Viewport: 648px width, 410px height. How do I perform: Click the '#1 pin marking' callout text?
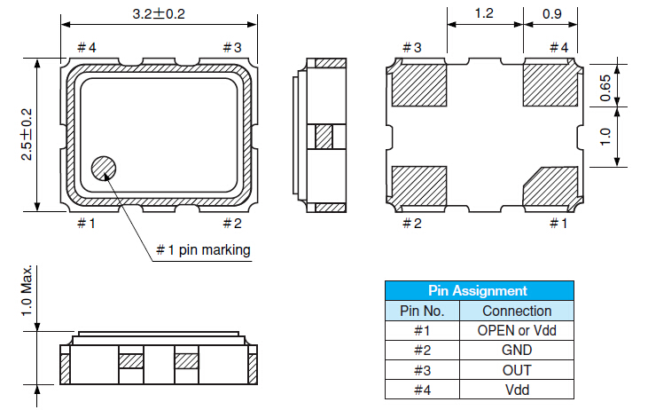coord(203,250)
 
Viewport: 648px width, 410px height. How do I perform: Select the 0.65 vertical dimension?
coord(606,89)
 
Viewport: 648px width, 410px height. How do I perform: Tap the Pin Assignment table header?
coord(478,290)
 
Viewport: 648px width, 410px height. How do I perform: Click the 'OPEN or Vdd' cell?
coord(516,330)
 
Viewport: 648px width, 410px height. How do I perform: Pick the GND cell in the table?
coord(516,350)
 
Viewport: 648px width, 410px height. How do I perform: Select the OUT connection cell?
coord(516,369)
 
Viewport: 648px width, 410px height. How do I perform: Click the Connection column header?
coord(516,311)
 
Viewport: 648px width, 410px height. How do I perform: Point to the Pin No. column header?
coord(421,311)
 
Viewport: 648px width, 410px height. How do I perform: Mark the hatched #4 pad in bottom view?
coord(550,86)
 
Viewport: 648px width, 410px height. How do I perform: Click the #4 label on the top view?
coord(86,47)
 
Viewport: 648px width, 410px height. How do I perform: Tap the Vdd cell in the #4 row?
coord(516,389)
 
